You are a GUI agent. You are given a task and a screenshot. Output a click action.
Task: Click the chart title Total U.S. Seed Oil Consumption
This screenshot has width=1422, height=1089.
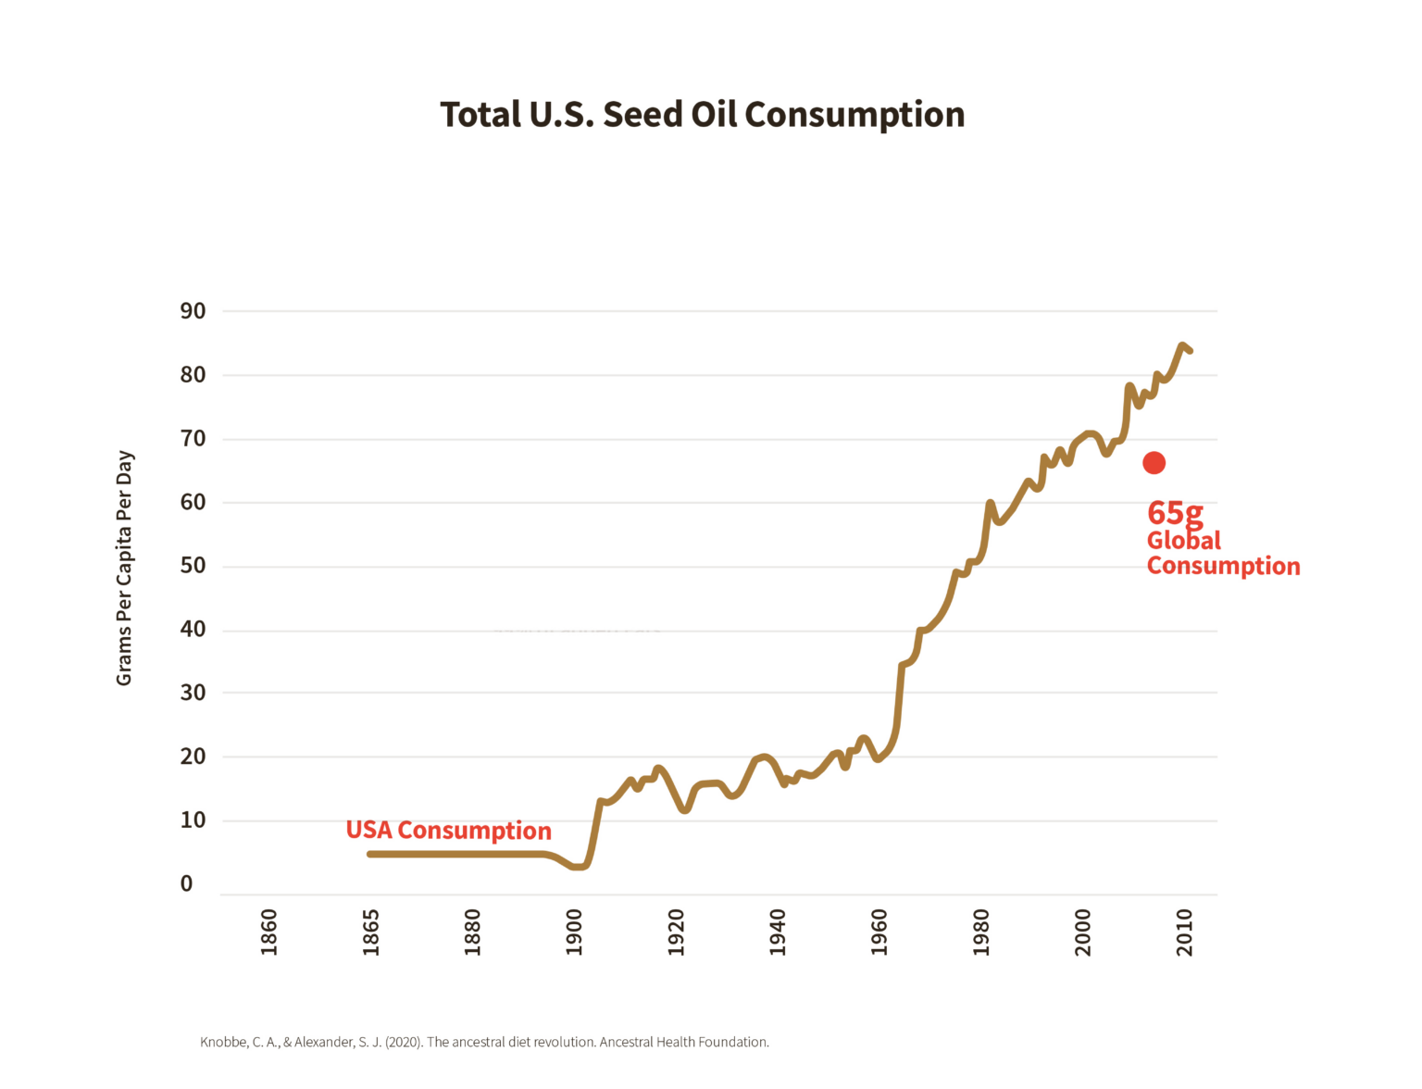tap(702, 115)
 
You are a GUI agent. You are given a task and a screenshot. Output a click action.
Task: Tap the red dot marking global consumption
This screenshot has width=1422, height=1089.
tap(1154, 463)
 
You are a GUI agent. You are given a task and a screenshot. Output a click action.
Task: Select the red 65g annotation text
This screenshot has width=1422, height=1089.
tap(1175, 513)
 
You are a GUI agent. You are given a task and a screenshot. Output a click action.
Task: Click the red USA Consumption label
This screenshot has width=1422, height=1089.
tap(448, 831)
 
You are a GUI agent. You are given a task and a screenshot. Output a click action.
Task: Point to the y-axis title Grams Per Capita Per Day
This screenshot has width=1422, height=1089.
tap(124, 568)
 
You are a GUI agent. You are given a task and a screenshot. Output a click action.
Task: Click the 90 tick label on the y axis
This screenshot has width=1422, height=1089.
tap(193, 311)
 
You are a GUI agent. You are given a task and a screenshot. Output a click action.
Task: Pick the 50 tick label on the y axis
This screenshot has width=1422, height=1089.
tap(193, 566)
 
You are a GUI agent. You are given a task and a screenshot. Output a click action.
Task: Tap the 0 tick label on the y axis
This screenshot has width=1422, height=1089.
tap(186, 883)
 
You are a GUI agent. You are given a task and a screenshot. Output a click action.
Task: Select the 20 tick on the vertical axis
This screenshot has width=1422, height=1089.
tap(193, 757)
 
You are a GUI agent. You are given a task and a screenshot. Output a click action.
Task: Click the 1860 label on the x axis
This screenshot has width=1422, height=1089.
tap(268, 932)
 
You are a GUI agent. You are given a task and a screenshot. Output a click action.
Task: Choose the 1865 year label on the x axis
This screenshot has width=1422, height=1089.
tap(370, 932)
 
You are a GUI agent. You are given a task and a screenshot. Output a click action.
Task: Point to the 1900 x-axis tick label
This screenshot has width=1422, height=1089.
tap(574, 932)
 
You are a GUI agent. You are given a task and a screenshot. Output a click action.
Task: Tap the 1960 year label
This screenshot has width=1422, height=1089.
tap(879, 932)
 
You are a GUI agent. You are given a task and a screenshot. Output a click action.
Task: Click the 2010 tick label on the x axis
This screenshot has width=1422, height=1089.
tap(1184, 932)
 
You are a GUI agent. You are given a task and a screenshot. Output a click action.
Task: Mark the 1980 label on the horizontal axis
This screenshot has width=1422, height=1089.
tap(980, 932)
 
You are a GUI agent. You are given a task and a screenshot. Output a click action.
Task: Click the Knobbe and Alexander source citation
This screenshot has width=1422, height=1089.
tap(484, 1042)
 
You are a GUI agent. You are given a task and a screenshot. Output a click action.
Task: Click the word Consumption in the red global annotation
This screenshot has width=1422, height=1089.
tap(1223, 566)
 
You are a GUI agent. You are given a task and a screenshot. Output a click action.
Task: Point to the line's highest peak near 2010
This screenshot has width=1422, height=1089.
tap(1182, 346)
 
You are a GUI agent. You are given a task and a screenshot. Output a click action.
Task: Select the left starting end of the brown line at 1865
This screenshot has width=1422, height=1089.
tap(370, 854)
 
